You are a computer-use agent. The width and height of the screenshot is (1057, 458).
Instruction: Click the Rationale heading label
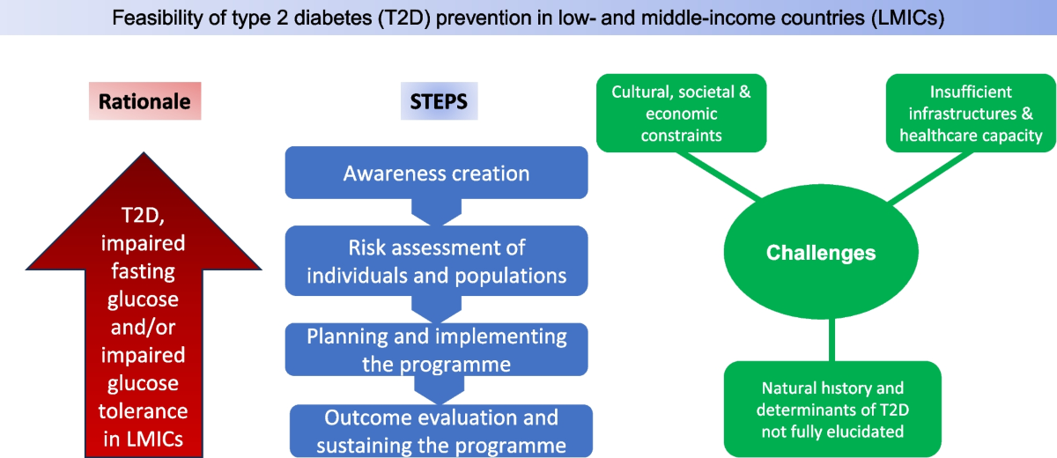pos(144,101)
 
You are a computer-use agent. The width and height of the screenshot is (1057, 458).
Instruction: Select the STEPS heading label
pos(439,101)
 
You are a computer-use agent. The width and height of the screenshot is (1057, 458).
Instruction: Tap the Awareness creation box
pos(437,173)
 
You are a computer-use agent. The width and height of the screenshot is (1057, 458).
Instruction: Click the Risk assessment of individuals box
pos(437,261)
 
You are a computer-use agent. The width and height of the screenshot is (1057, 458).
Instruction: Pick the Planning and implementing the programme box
pos(437,350)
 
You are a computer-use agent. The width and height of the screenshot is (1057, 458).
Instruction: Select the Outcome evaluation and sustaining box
pos(441,431)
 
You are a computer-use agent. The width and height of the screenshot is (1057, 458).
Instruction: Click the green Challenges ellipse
pos(821,252)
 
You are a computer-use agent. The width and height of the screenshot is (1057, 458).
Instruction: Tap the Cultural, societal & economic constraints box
pos(682,114)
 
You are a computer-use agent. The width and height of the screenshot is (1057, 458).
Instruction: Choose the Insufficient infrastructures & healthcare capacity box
pos(971,114)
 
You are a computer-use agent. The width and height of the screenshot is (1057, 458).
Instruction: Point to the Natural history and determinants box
pos(832,409)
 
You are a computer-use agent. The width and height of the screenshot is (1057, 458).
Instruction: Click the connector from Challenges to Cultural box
pos(719,175)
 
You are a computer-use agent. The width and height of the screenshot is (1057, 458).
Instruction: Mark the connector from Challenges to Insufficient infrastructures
pos(930,177)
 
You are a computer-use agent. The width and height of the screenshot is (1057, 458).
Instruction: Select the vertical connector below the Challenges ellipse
pos(832,340)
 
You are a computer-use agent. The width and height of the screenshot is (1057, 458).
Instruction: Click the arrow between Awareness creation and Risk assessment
pos(437,212)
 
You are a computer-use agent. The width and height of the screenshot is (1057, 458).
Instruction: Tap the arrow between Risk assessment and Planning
pos(437,309)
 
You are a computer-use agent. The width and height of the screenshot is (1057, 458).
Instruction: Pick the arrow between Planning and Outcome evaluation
pos(440,390)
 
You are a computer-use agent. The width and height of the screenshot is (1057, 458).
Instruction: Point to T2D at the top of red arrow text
pos(143,216)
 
